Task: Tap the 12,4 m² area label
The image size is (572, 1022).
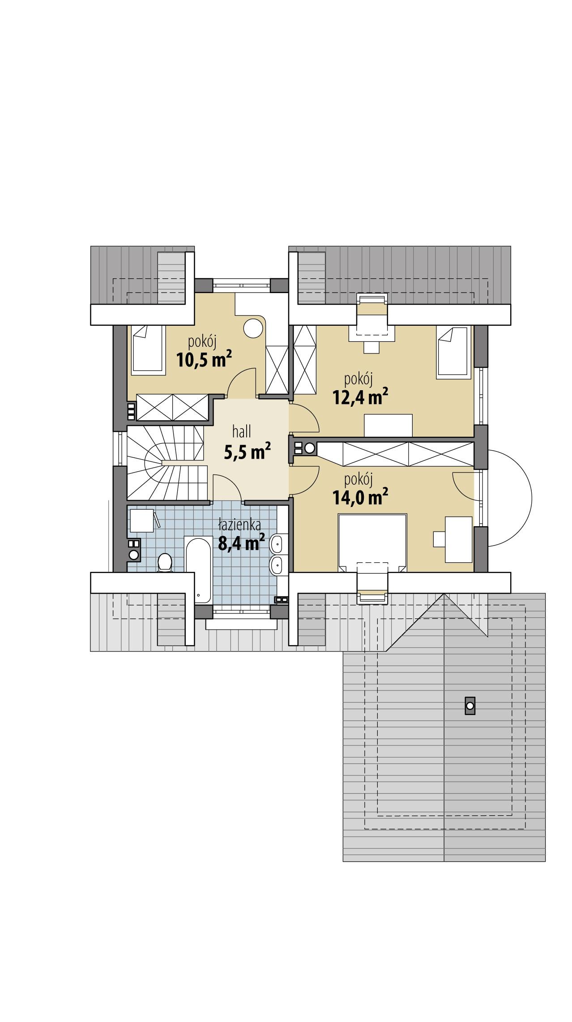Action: (x=360, y=396)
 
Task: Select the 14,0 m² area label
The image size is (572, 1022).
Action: (x=360, y=497)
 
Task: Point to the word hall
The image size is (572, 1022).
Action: (x=242, y=432)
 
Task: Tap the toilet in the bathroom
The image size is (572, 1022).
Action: (x=165, y=562)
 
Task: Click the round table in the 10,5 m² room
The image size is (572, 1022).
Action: (x=252, y=328)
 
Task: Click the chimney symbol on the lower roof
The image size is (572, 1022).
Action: (x=470, y=706)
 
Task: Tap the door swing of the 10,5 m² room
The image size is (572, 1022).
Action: (x=242, y=382)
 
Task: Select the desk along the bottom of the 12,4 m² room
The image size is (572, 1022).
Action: (x=388, y=425)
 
